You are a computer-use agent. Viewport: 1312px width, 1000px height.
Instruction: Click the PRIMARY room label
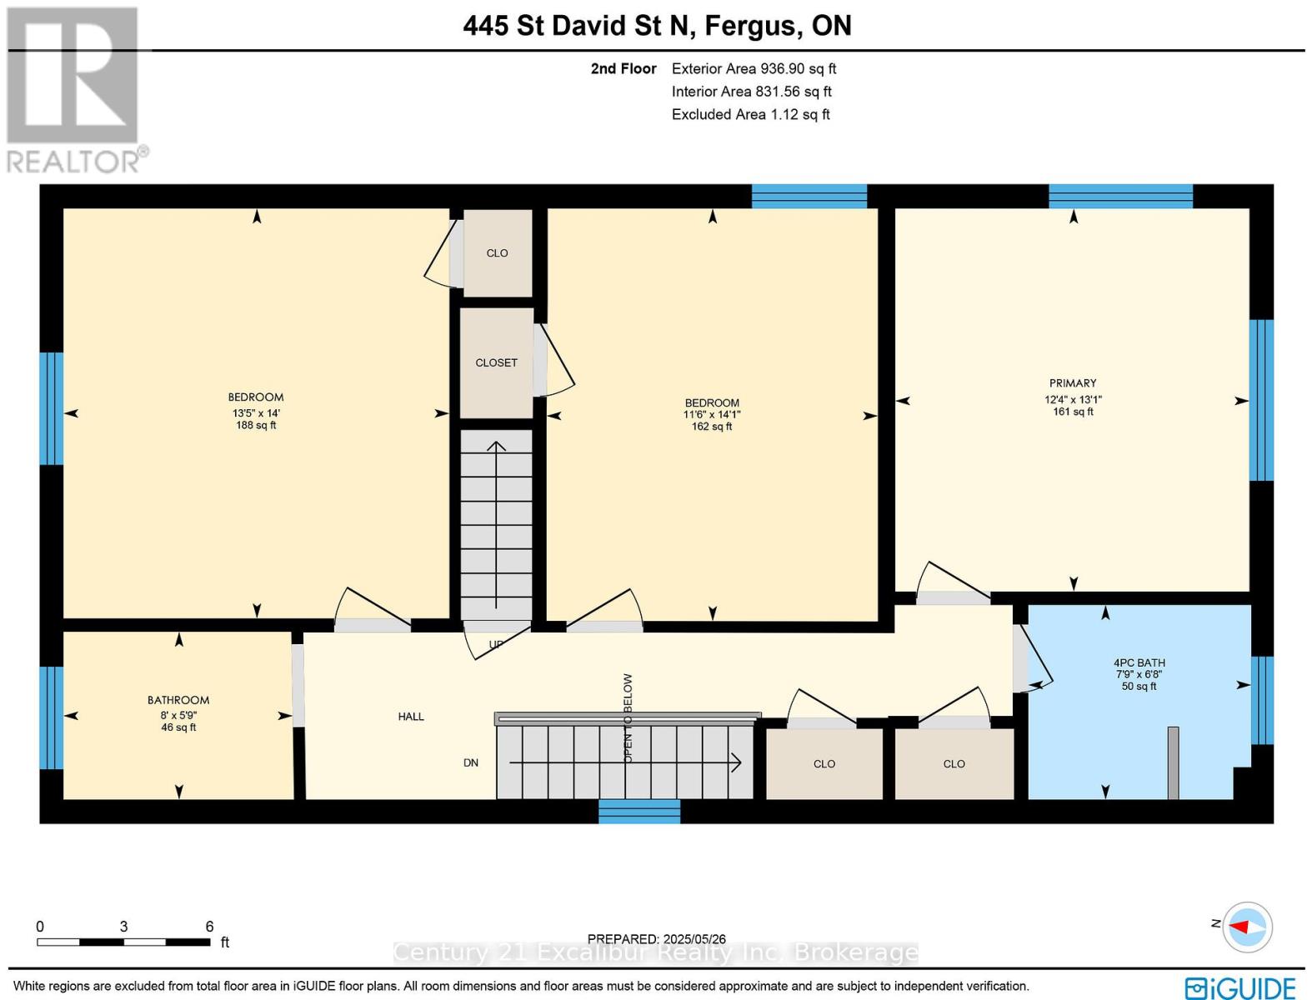tap(1073, 382)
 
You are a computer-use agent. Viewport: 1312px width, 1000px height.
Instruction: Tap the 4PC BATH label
tap(1139, 662)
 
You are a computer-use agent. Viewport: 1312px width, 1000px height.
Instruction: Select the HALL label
tap(411, 716)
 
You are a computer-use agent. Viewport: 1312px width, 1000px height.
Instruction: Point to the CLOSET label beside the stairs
tap(496, 362)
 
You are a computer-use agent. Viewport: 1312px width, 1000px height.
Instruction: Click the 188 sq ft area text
tap(256, 425)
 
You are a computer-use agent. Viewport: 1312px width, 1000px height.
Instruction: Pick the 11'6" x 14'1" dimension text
tap(712, 414)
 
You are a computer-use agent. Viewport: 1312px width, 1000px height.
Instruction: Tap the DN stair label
tap(471, 762)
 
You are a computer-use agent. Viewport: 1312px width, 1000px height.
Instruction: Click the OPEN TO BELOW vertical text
tap(628, 718)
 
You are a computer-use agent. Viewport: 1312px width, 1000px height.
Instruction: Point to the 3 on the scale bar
tap(123, 927)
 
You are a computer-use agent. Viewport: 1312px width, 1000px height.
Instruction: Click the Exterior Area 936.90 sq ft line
tap(754, 68)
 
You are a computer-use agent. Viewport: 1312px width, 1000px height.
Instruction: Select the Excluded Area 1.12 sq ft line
tap(751, 114)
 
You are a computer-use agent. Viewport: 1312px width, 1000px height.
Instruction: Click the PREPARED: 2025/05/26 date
tap(656, 939)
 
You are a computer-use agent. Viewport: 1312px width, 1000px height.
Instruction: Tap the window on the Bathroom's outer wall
tap(52, 717)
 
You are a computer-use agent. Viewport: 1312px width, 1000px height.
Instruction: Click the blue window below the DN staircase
tap(639, 811)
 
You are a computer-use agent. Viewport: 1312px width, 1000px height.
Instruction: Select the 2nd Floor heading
tap(623, 68)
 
